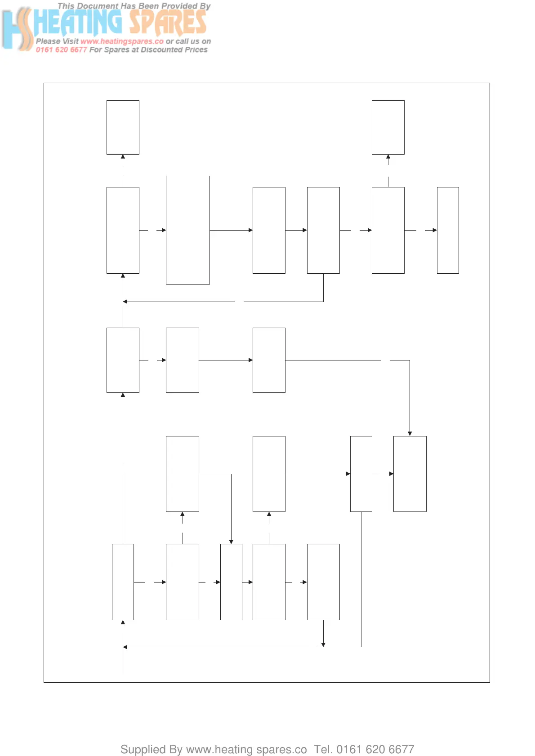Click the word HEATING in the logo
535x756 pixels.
click(79, 22)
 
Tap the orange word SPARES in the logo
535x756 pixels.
click(168, 22)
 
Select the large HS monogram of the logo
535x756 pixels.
click(17, 29)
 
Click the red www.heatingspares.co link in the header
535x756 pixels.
click(122, 41)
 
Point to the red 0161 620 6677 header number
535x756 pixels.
click(61, 50)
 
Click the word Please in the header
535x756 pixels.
click(48, 41)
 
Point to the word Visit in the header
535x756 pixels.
click(70, 41)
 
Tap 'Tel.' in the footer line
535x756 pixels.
click(323, 749)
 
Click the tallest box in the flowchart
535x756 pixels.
click(187, 230)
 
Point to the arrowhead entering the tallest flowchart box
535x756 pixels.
click(164, 230)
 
